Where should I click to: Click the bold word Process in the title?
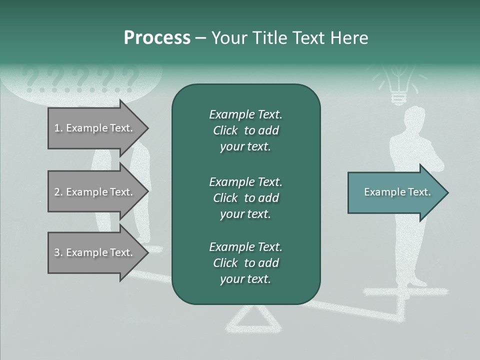[157, 38]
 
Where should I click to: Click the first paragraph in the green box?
[245, 130]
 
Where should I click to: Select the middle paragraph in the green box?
[245, 198]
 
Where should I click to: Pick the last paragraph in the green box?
[245, 263]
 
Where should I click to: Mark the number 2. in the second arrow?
[58, 192]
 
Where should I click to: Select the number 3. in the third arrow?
[58, 252]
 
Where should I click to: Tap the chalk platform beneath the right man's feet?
[405, 291]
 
